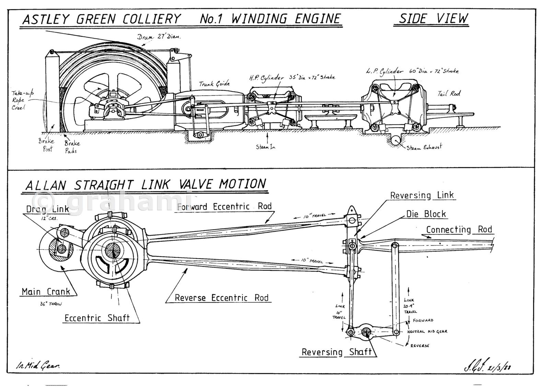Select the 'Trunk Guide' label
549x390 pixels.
[214, 83]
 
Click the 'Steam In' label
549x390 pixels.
[265, 147]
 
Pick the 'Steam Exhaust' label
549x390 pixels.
[424, 147]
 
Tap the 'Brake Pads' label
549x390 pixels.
[72, 147]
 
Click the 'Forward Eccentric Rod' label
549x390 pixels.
[224, 206]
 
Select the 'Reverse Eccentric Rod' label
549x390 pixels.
[221, 297]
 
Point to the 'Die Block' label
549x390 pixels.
[426, 214]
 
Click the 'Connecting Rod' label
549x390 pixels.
[459, 229]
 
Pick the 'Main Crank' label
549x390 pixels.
[46, 292]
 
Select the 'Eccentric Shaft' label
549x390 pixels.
[97, 318]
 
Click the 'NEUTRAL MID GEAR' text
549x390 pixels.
[427, 332]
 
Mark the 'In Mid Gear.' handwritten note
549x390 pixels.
[38, 366]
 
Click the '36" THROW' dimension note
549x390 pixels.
[51, 304]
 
